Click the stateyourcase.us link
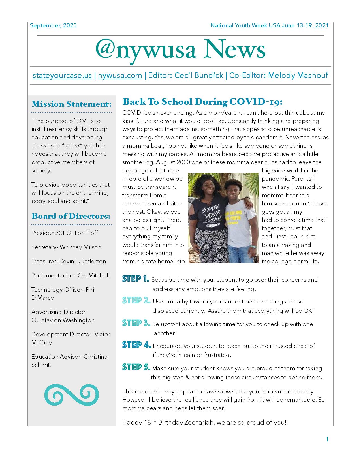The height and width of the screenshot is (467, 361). (x=62, y=76)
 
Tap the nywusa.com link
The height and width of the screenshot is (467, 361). (x=120, y=76)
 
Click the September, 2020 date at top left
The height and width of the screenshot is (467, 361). (x=53, y=25)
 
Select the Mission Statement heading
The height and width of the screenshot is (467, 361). (x=71, y=104)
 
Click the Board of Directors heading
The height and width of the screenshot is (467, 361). (x=71, y=216)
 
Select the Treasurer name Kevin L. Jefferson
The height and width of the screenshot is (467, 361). (x=83, y=261)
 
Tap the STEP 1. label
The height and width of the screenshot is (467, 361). (x=136, y=279)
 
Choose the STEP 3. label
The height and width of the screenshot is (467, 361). (x=136, y=323)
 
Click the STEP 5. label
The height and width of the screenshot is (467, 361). (x=136, y=367)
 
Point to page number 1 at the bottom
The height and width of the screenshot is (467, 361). (x=327, y=439)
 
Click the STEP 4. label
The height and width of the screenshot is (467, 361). (x=136, y=345)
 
